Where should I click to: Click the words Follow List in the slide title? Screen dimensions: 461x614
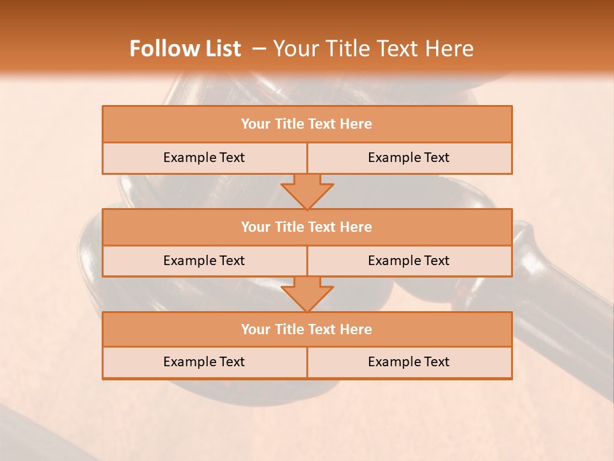click(x=185, y=49)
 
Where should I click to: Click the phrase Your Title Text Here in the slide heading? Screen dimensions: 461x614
click(x=374, y=49)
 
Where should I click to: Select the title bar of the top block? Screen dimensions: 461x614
click(x=307, y=124)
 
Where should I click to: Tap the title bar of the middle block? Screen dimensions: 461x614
click(x=307, y=227)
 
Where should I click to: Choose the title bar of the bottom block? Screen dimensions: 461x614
click(x=307, y=330)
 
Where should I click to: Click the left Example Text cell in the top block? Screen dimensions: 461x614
click(x=204, y=158)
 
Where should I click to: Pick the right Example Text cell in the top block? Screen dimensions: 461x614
click(x=409, y=158)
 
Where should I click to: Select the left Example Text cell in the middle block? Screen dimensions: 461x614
click(x=204, y=261)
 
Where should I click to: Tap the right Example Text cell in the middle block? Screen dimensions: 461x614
click(x=409, y=261)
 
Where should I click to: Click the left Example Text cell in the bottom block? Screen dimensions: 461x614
click(x=204, y=362)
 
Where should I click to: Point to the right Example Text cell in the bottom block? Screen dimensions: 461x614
click(x=409, y=362)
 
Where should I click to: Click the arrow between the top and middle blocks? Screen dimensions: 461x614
click(x=307, y=191)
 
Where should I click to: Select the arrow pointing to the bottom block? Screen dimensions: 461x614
click(x=307, y=295)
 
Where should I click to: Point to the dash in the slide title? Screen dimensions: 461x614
click(x=258, y=49)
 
